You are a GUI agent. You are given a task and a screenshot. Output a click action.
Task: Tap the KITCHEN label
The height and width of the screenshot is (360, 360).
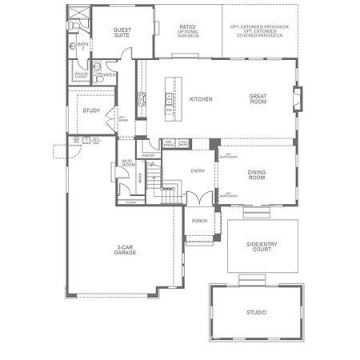200,99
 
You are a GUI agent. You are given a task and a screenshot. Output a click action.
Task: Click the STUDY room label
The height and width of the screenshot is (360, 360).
91,110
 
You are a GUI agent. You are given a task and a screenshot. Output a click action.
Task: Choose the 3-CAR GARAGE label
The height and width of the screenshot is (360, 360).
124,250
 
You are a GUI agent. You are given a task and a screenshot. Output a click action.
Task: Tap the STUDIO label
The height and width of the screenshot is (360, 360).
256,312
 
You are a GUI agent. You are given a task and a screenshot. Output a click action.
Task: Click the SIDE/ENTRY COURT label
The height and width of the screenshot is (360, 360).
262,247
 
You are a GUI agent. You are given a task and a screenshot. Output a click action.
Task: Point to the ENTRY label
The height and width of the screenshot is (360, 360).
198,171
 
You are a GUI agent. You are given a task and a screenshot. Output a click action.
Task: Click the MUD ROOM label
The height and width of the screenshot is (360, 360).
126,164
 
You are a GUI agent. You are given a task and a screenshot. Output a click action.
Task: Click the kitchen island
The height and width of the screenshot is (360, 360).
170,98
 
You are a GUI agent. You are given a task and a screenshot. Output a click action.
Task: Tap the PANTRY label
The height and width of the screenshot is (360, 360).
148,156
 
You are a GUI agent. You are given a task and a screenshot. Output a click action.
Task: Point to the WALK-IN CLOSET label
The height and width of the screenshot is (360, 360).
81,75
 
